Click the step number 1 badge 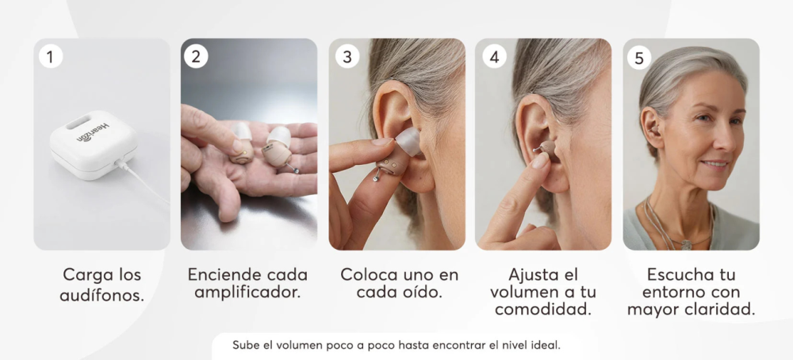50,56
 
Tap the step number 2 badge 196,56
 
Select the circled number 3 347,56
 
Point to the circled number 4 494,56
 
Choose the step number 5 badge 639,58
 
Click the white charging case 93,145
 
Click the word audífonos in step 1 102,295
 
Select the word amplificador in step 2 247,293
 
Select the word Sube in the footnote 243,346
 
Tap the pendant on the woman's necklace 686,245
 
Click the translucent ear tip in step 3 408,141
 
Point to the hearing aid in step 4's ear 546,148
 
